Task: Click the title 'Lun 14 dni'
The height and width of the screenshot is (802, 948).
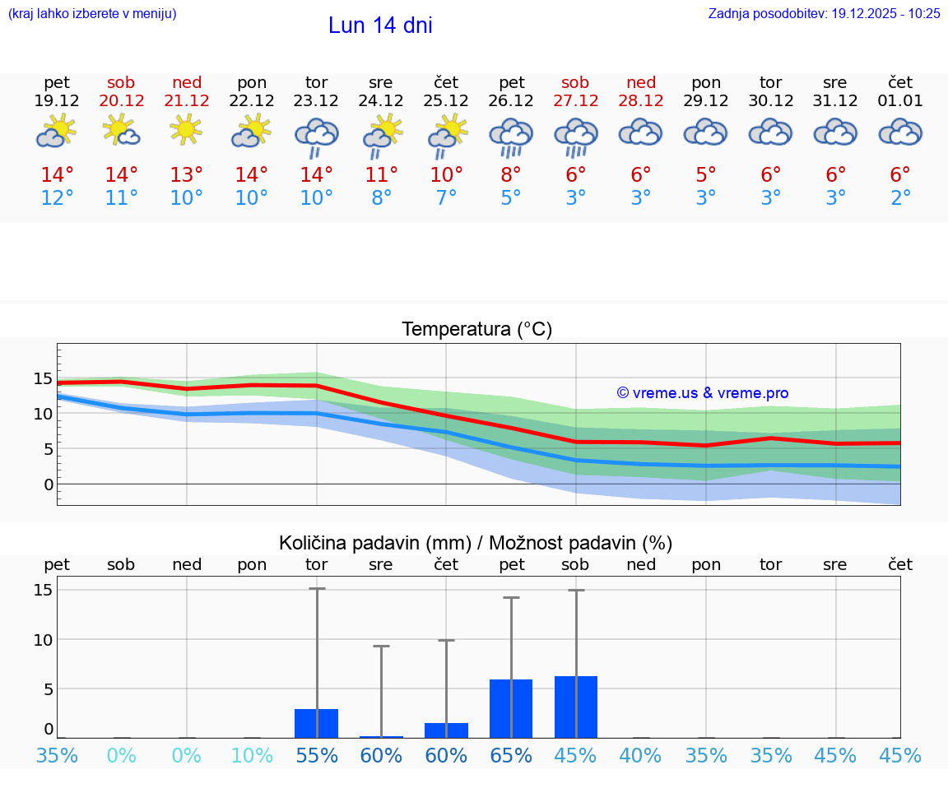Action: click(380, 25)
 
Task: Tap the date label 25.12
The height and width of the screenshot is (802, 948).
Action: click(446, 100)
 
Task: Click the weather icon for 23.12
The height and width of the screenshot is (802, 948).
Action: click(316, 137)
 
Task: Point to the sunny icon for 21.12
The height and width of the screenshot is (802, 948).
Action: click(187, 130)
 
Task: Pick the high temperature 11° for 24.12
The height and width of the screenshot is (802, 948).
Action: click(381, 174)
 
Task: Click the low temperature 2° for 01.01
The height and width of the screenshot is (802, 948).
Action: click(900, 198)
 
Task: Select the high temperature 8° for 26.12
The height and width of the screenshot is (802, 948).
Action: click(511, 174)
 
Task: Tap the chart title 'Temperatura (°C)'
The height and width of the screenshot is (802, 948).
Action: click(476, 330)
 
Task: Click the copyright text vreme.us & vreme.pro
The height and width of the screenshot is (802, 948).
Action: click(702, 393)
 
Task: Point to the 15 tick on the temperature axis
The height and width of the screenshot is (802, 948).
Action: click(43, 378)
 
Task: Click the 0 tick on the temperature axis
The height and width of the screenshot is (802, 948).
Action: click(48, 484)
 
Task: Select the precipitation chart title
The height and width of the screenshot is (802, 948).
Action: click(476, 543)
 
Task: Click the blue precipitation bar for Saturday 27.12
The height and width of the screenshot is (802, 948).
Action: click(576, 707)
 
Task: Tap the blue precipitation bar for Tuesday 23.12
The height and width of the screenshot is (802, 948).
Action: click(316, 723)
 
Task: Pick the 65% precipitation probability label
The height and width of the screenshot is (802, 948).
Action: click(511, 755)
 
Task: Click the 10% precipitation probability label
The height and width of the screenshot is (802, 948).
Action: click(252, 755)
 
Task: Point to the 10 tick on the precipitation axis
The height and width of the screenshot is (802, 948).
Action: click(43, 639)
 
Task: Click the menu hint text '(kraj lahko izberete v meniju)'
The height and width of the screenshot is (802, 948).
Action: click(92, 13)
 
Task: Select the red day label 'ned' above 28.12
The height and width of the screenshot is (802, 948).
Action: click(641, 82)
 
